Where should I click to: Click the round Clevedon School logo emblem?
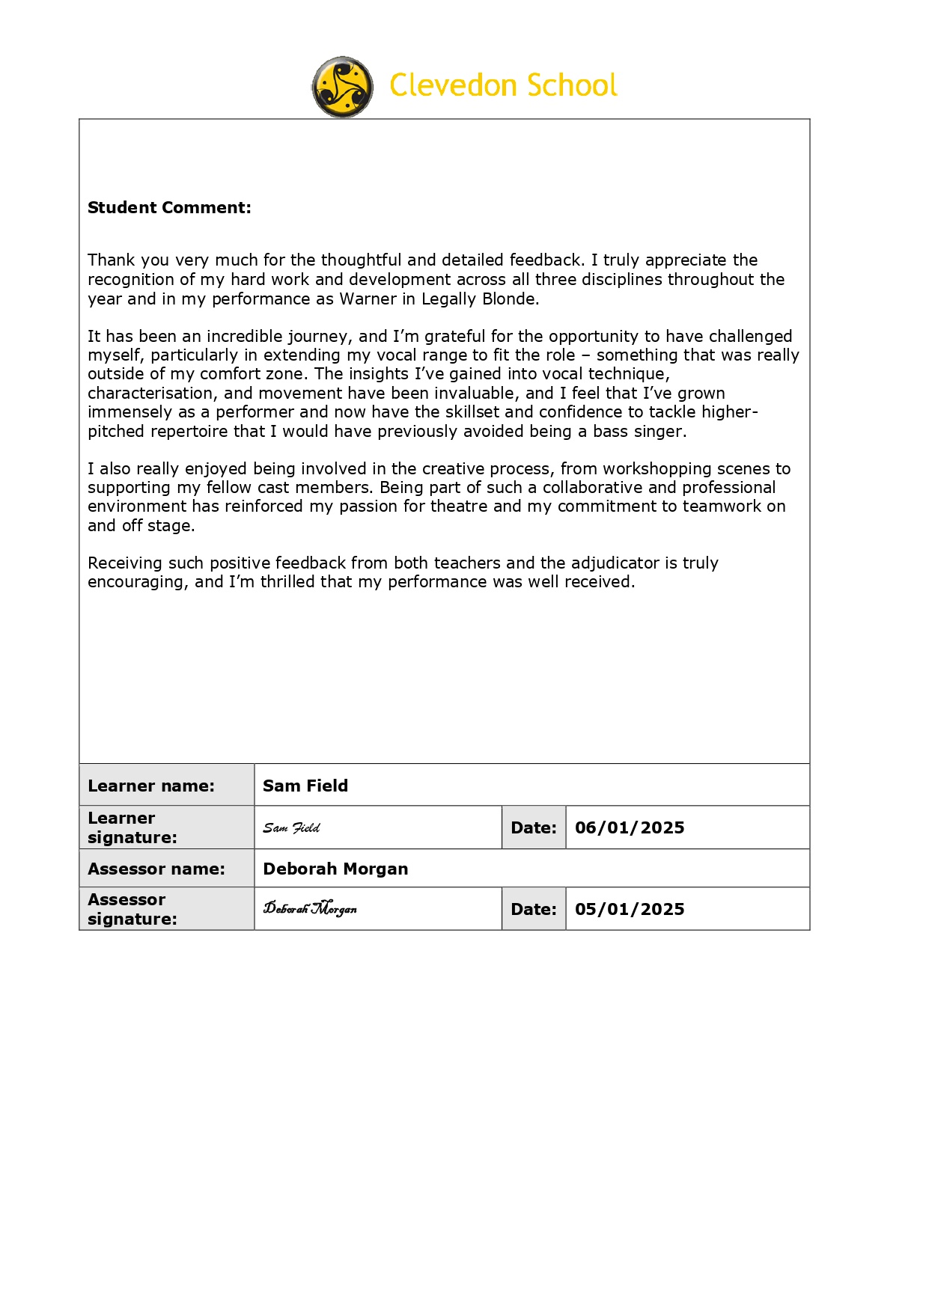[342, 87]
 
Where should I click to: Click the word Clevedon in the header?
[454, 85]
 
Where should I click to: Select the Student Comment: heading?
[169, 208]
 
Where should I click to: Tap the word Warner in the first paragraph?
[368, 299]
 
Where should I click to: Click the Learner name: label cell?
[151, 786]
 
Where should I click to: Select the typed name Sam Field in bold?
[305, 786]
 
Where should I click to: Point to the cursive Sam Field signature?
[291, 828]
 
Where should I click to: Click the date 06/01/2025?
[630, 827]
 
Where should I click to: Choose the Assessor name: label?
[156, 869]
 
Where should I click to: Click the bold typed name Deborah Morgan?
[335, 869]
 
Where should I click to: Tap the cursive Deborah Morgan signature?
[310, 909]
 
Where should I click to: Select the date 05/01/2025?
[630, 909]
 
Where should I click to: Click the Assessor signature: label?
[133, 909]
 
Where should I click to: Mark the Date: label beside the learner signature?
[534, 827]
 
